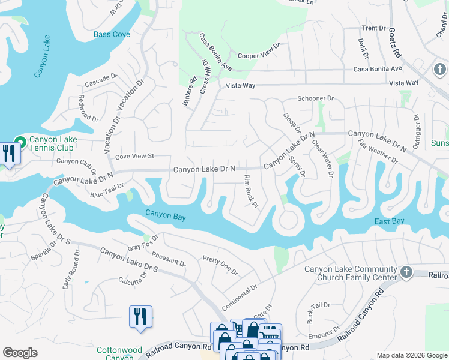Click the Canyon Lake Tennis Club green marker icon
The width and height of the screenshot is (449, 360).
click(x=20, y=142)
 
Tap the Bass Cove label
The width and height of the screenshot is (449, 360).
click(x=112, y=34)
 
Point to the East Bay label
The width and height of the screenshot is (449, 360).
click(x=389, y=221)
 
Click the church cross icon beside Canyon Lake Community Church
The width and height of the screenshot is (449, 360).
click(x=406, y=272)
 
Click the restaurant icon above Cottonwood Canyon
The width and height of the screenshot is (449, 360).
click(x=140, y=316)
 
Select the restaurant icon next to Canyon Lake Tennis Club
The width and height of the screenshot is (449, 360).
click(x=9, y=153)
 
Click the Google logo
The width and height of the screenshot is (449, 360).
click(x=20, y=353)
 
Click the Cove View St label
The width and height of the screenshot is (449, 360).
click(x=134, y=156)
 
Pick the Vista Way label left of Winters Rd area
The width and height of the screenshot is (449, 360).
click(x=241, y=86)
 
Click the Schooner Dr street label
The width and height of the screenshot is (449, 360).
click(x=315, y=98)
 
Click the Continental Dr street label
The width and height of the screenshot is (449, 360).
click(x=239, y=294)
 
